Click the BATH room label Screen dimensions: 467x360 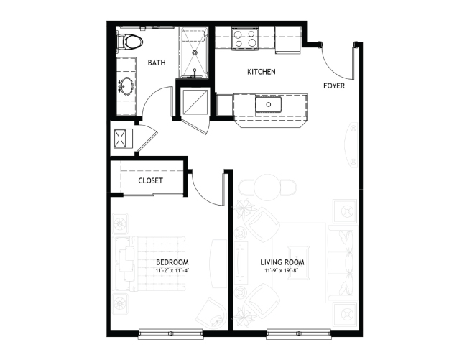click(x=157, y=63)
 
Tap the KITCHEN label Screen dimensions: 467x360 click(x=262, y=72)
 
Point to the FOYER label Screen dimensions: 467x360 click(x=334, y=86)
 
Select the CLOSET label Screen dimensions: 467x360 click(x=150, y=180)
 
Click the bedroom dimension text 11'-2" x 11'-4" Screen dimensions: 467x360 click(x=172, y=271)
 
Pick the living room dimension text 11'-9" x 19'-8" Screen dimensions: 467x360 click(x=282, y=271)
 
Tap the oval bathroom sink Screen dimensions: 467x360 click(x=127, y=86)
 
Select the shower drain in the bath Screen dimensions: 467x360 click(x=195, y=52)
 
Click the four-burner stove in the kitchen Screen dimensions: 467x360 click(x=244, y=38)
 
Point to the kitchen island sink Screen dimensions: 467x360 click(x=269, y=104)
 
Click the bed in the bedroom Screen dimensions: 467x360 click(x=150, y=264)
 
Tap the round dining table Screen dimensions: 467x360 click(x=267, y=187)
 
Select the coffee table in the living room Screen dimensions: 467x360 click(x=298, y=263)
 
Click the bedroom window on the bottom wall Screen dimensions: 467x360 click(x=170, y=333)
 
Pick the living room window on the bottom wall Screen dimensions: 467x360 click(x=299, y=333)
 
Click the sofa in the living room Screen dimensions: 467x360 click(x=343, y=263)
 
